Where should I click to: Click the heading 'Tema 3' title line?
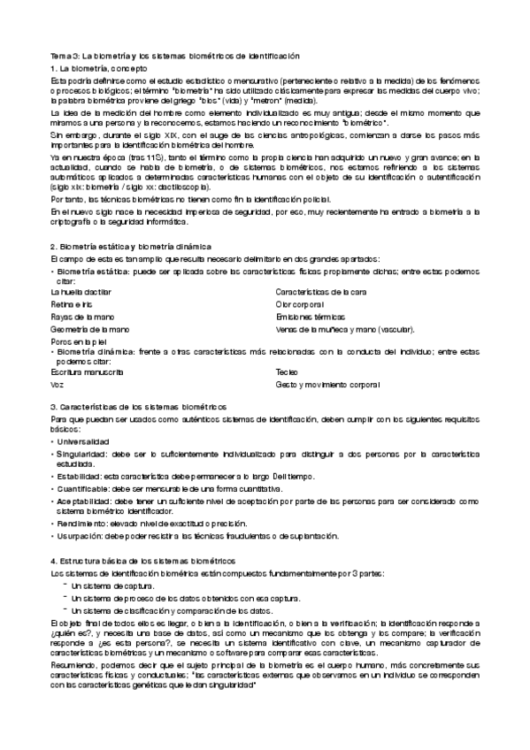pyautogui.click(x=175, y=56)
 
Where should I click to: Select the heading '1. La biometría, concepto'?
pyautogui.click(x=99, y=68)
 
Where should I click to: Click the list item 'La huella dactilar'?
pyautogui.click(x=81, y=291)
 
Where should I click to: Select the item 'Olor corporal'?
pyautogui.click(x=302, y=303)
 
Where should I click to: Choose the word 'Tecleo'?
pyautogui.click(x=288, y=372)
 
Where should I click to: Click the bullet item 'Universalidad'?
pyautogui.click(x=83, y=440)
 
